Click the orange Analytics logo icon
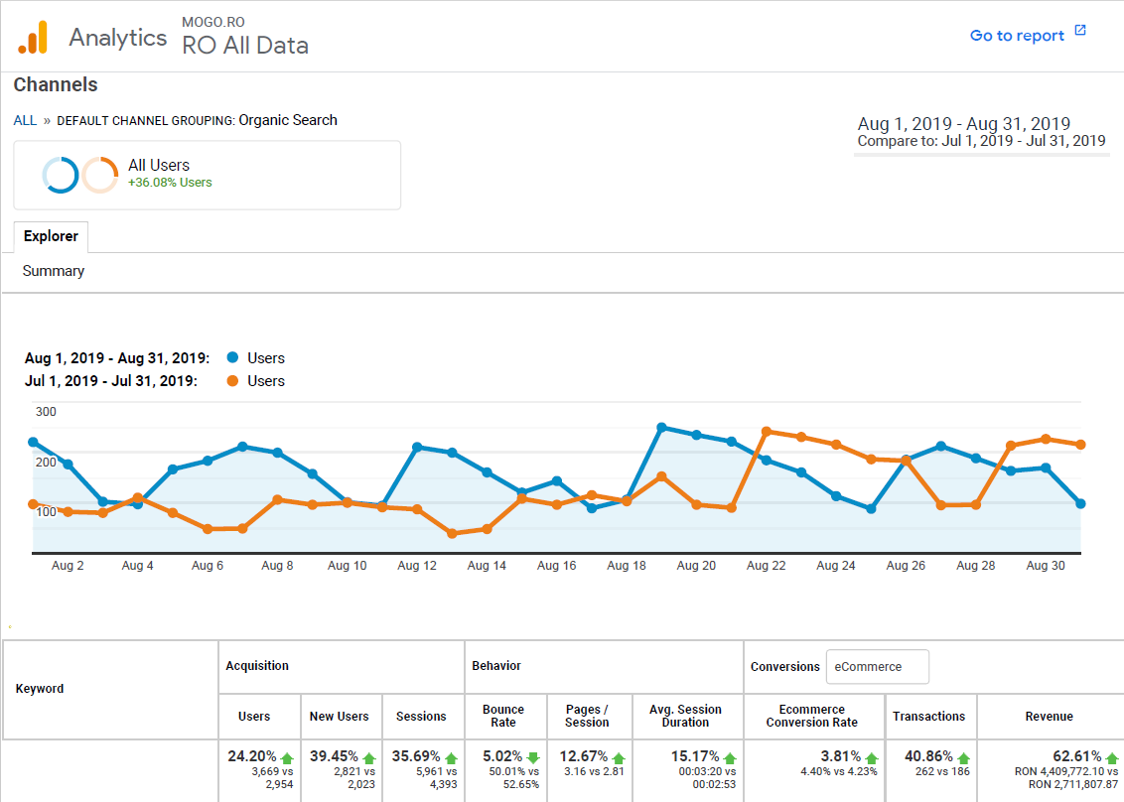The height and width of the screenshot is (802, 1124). click(33, 38)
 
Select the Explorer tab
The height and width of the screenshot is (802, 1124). click(51, 236)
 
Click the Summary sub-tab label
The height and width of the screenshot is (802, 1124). click(54, 271)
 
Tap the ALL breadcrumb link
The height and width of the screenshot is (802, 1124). click(25, 120)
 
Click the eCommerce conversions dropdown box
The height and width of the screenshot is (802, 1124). click(877, 667)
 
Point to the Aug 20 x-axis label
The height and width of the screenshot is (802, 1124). click(695, 566)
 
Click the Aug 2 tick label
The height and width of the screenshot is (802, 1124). click(68, 566)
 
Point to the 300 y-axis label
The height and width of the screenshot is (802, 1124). click(46, 412)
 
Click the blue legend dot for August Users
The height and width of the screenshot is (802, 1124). click(232, 358)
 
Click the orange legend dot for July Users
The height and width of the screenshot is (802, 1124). click(232, 381)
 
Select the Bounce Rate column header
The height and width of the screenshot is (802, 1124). click(503, 716)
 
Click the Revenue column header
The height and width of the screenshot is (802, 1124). click(1049, 716)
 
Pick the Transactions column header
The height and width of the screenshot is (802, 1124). click(928, 716)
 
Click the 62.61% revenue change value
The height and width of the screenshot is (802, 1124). click(1077, 756)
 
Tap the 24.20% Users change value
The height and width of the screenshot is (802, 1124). click(252, 756)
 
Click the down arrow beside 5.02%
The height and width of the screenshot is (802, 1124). click(534, 757)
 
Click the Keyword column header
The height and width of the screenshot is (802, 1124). click(40, 689)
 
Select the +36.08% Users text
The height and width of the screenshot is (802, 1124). click(170, 183)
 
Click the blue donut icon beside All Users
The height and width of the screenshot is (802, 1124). click(61, 176)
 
